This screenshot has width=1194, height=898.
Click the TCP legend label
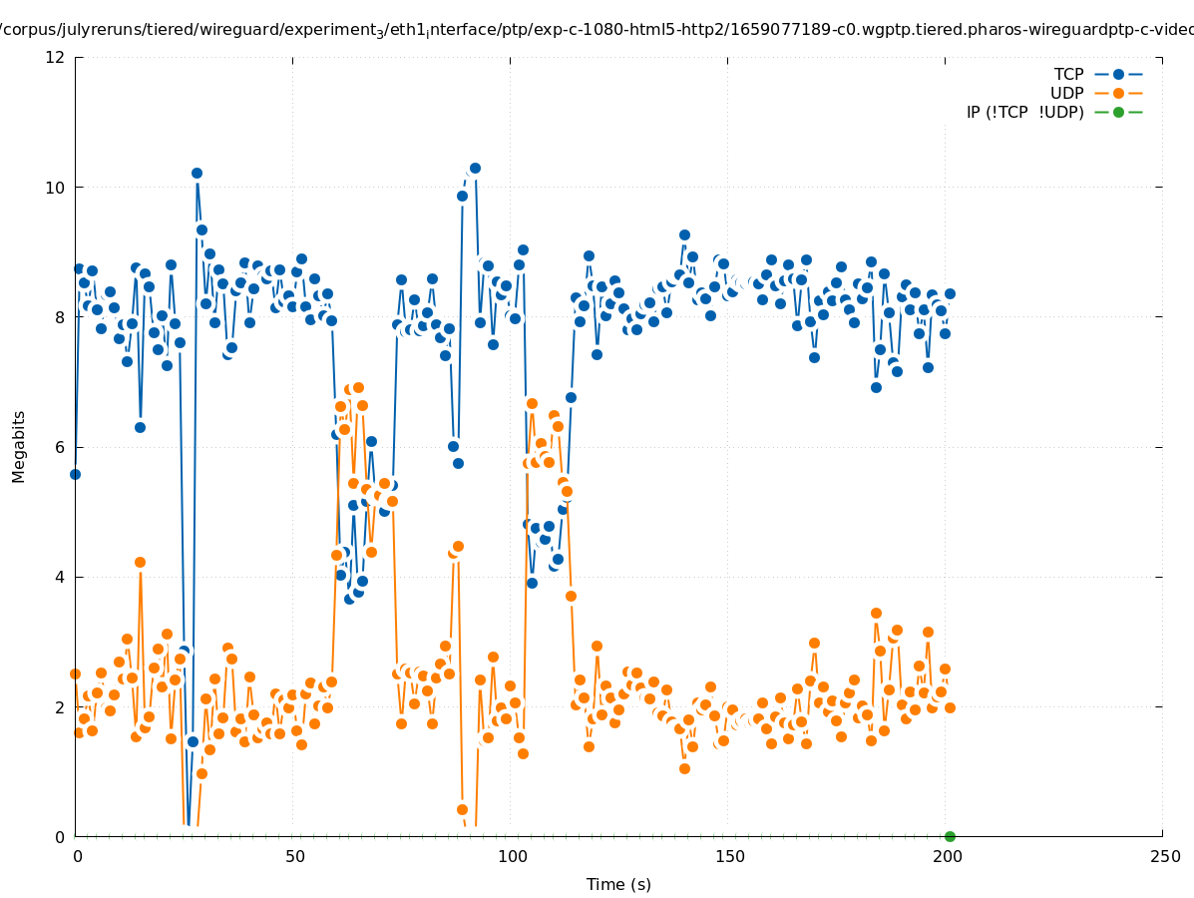[1068, 74]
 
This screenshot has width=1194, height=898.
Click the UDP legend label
[1066, 93]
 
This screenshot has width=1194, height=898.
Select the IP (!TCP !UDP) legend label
[1024, 112]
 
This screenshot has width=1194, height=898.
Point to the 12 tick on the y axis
[56, 57]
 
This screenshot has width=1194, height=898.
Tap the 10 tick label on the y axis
[56, 188]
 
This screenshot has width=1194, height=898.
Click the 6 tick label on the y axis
[60, 447]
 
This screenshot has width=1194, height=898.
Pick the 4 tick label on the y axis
[60, 577]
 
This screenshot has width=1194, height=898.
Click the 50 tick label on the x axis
[294, 856]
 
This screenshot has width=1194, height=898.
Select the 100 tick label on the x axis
[512, 856]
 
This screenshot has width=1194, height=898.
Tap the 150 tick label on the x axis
[729, 856]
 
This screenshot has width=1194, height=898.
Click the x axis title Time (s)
[618, 884]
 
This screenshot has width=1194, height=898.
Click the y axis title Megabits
[19, 446]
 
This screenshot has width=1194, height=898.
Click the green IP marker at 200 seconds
[950, 836]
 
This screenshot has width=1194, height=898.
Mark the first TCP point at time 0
[75, 474]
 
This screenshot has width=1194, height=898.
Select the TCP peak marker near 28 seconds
[197, 173]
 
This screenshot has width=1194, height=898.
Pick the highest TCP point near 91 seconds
[475, 168]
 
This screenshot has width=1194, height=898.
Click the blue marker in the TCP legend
[1118, 74]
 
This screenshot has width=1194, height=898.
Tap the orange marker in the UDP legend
[1118, 93]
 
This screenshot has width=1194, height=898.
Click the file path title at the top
[597, 30]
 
